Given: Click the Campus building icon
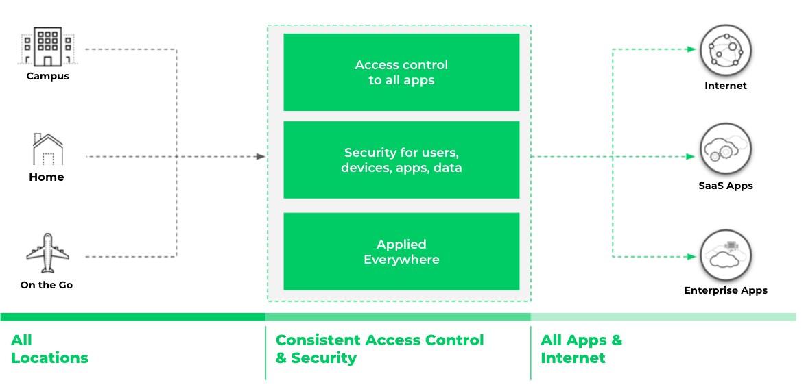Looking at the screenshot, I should click(47, 47).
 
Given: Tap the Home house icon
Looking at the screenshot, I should click(47, 149).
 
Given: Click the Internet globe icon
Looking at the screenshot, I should click(725, 50).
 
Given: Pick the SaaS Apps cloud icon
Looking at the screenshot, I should click(725, 150).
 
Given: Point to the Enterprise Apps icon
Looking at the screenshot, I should click(725, 255).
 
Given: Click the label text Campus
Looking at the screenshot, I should click(47, 76).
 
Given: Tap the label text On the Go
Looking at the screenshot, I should click(47, 285).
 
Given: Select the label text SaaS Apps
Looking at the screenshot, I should click(725, 186).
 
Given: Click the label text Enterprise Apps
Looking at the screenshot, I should click(725, 290).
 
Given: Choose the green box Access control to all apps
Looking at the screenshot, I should click(401, 72).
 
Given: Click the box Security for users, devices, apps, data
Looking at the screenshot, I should click(401, 160).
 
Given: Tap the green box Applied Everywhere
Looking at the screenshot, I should click(401, 251).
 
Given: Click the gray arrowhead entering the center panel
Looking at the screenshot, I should click(261, 157).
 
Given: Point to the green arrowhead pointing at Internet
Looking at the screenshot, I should click(691, 49).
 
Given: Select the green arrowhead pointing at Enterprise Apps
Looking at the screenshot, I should click(691, 257).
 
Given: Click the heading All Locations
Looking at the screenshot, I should click(49, 349).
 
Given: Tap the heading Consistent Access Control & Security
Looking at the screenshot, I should click(379, 349).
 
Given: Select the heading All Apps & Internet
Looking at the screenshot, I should click(581, 349).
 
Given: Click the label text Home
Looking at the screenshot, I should click(47, 177).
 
